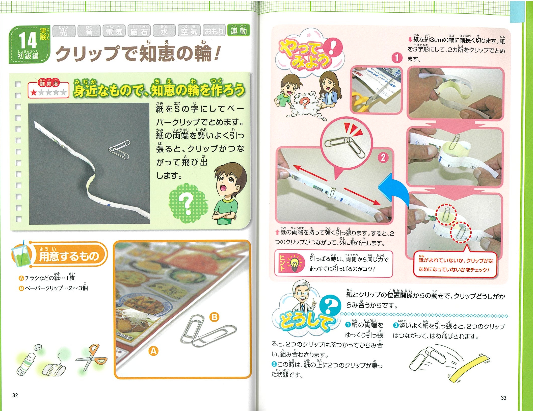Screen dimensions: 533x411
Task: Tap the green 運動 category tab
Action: click(238, 30)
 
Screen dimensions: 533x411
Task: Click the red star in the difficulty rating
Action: click(34, 93)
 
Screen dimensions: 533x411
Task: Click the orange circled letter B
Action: click(214, 317)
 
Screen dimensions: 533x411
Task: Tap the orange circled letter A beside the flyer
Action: click(154, 351)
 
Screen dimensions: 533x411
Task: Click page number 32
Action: click(15, 395)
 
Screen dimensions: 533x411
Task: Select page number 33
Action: click(503, 398)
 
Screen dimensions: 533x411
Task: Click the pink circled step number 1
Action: click(396, 58)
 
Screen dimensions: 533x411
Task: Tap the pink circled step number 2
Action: click(383, 157)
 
